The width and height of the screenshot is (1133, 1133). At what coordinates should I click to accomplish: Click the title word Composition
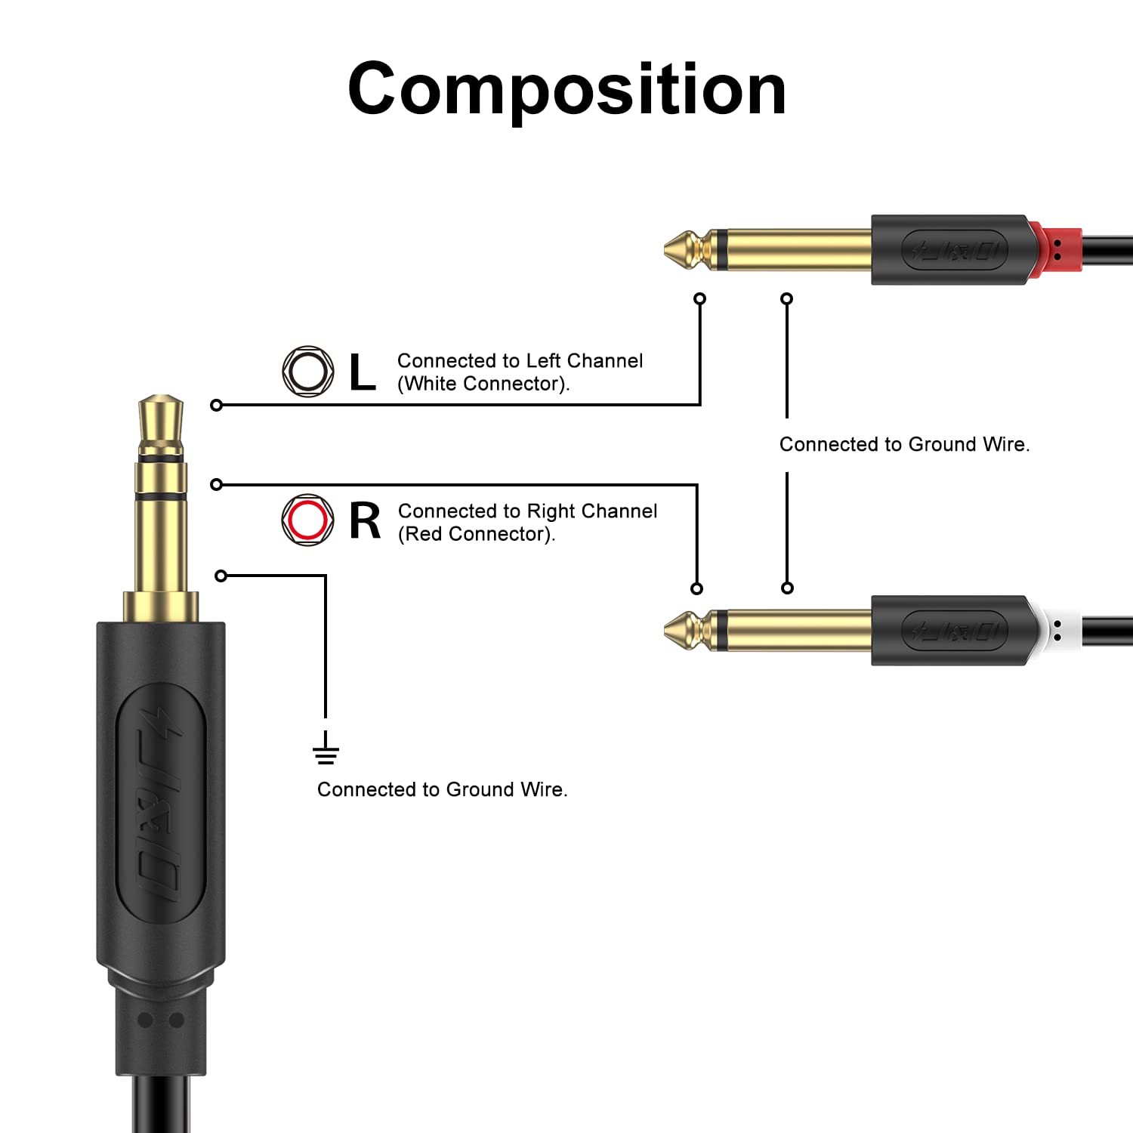pyautogui.click(x=566, y=90)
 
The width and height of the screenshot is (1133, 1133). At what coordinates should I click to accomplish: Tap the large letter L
pyautogui.click(x=363, y=372)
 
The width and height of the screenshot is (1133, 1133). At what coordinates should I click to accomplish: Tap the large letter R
pyautogui.click(x=365, y=520)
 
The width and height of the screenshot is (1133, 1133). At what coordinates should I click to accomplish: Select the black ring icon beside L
pyautogui.click(x=308, y=372)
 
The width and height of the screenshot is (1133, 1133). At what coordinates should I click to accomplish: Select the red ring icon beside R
pyautogui.click(x=308, y=520)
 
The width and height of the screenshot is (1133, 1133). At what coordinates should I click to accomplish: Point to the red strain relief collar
pyautogui.click(x=1056, y=249)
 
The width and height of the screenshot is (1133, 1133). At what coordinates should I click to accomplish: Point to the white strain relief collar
pyautogui.click(x=1056, y=630)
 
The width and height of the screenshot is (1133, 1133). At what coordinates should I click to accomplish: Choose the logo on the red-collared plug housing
pyautogui.click(x=955, y=250)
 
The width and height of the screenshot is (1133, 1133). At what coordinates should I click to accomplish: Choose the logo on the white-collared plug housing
pyautogui.click(x=955, y=631)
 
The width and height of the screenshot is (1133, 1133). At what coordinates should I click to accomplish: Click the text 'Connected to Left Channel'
pyautogui.click(x=520, y=361)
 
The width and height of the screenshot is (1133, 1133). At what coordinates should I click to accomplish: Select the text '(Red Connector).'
pyautogui.click(x=477, y=534)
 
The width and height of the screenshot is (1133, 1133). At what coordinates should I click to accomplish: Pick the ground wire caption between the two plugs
pyautogui.click(x=904, y=444)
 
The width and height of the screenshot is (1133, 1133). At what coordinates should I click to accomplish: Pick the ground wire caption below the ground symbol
pyautogui.click(x=442, y=789)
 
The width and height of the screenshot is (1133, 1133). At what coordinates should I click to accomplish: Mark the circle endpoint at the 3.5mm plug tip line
pyautogui.click(x=217, y=406)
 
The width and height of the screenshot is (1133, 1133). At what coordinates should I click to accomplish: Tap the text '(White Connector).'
pyautogui.click(x=483, y=384)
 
